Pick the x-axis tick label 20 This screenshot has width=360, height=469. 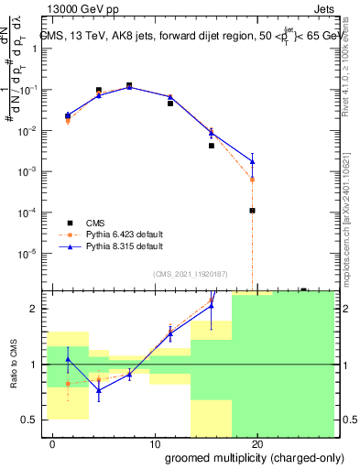click(257, 444)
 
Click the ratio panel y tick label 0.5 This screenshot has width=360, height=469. click(28, 420)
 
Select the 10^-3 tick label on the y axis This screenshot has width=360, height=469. click(27, 172)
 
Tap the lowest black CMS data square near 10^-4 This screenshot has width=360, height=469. click(252, 211)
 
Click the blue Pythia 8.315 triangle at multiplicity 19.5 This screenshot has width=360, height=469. click(252, 162)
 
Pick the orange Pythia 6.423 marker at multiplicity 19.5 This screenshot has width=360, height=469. click(252, 180)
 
